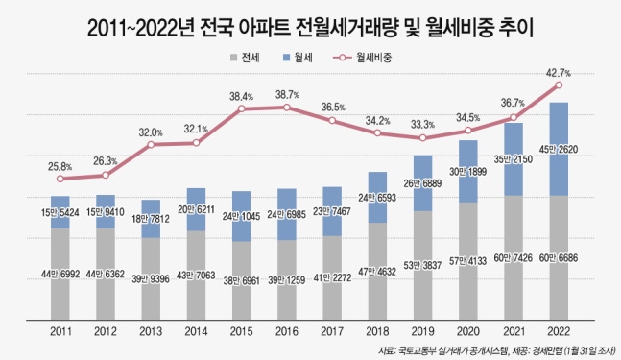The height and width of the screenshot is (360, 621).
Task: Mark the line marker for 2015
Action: click(x=242, y=108)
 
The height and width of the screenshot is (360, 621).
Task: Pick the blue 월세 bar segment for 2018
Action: click(x=378, y=197)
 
